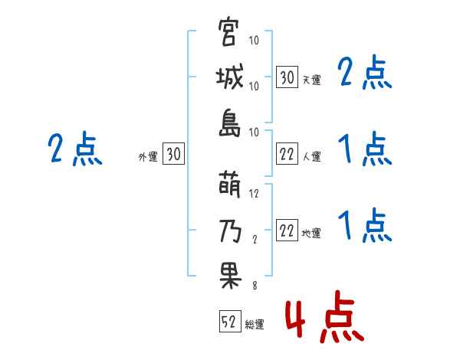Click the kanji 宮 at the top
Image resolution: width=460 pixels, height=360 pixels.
(x=228, y=34)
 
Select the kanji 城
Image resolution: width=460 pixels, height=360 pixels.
(x=228, y=79)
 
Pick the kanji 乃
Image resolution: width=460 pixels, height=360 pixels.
(x=228, y=231)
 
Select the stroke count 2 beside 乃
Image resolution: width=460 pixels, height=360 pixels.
(x=255, y=240)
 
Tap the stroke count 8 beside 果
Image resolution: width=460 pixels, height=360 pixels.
(x=255, y=285)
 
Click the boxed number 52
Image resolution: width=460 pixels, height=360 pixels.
(x=228, y=322)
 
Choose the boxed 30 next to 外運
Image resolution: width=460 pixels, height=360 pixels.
(x=172, y=155)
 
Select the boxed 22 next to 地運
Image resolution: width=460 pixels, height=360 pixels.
(x=287, y=231)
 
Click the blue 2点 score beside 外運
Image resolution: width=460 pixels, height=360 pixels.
(x=75, y=149)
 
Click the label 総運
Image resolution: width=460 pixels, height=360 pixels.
(x=255, y=325)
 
